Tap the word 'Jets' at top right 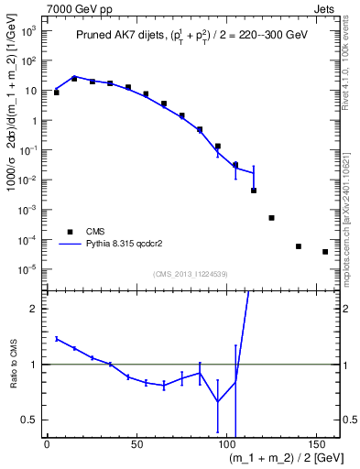tap(324, 8)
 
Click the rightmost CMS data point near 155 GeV tap(325, 252)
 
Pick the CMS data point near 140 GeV tap(299, 246)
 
